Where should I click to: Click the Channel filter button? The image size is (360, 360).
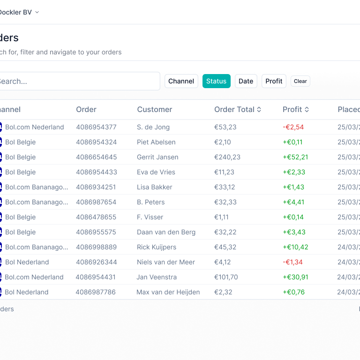click(181, 81)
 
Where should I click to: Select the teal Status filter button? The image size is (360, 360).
click(216, 81)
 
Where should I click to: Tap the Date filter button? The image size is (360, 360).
click(246, 81)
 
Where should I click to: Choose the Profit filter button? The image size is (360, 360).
click(274, 81)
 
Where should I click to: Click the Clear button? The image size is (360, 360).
click(300, 81)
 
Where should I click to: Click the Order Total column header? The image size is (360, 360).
click(234, 109)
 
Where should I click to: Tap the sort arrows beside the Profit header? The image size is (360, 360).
click(307, 110)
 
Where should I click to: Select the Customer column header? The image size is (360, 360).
click(154, 109)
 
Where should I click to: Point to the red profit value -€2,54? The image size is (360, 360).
click(293, 127)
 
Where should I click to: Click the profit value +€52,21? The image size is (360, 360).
click(295, 157)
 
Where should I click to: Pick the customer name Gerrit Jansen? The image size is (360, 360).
click(157, 157)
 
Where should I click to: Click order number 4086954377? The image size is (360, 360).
click(96, 127)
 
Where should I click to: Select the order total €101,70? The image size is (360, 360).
click(226, 277)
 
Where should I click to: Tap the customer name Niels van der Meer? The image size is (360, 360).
click(165, 262)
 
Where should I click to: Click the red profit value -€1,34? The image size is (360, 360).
click(292, 262)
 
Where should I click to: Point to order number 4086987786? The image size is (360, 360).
click(96, 292)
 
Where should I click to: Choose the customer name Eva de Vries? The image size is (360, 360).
click(156, 172)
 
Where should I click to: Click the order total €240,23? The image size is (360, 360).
click(227, 157)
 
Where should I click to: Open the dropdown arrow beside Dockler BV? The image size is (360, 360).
click(37, 12)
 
